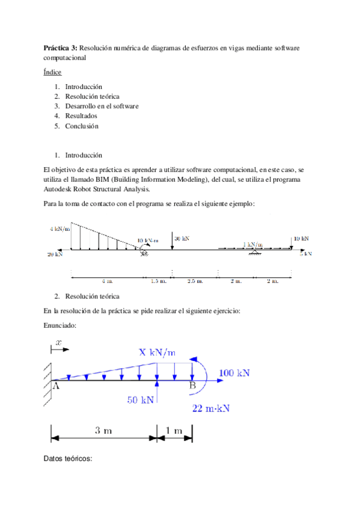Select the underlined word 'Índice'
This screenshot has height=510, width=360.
[x=53, y=72]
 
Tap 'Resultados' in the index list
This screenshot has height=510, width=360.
[x=81, y=116]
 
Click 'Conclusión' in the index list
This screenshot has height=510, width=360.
[x=82, y=126]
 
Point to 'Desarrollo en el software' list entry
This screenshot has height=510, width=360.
[x=102, y=106]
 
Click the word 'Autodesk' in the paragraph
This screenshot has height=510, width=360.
[x=59, y=189]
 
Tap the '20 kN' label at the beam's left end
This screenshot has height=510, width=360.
[x=55, y=254]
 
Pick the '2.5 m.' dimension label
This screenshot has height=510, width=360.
[x=195, y=281]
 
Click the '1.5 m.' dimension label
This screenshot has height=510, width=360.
[x=158, y=281]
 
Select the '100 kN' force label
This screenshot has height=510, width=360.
[x=234, y=373]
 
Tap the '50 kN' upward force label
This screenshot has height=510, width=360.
[x=141, y=398]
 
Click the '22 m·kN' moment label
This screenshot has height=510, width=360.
[x=211, y=408]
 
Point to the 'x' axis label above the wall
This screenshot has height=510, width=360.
[x=58, y=342]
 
